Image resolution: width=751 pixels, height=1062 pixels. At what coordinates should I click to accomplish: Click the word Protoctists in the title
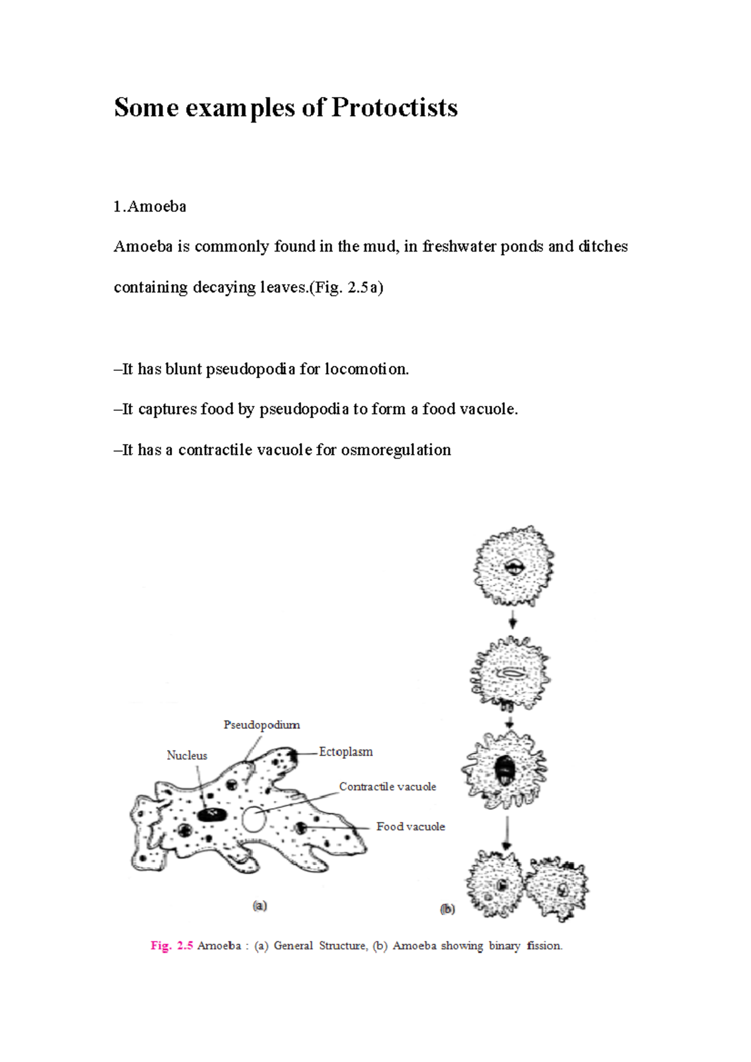pyautogui.click(x=394, y=108)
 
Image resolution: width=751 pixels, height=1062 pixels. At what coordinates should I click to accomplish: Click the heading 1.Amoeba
pyautogui.click(x=150, y=206)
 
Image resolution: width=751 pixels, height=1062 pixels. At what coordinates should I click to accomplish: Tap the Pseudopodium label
pyautogui.click(x=262, y=725)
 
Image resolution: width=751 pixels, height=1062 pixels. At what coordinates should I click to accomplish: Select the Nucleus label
pyautogui.click(x=186, y=756)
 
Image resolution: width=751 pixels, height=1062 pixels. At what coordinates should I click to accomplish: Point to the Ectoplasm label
pyautogui.click(x=345, y=752)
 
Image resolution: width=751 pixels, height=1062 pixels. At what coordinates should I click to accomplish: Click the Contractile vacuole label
pyautogui.click(x=387, y=787)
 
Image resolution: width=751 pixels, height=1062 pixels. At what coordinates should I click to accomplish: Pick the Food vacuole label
pyautogui.click(x=411, y=827)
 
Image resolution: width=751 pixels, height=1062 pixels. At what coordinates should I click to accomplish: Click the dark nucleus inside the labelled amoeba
pyautogui.click(x=212, y=814)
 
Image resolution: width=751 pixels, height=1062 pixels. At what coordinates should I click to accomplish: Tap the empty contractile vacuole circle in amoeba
pyautogui.click(x=253, y=819)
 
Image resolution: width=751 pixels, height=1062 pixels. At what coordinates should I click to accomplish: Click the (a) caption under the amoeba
pyautogui.click(x=260, y=906)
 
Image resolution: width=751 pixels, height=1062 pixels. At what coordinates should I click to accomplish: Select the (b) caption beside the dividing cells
pyautogui.click(x=447, y=909)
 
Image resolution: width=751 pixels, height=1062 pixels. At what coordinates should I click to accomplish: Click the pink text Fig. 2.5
pyautogui.click(x=171, y=946)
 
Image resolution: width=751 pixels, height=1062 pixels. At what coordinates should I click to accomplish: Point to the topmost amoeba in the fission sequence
pyautogui.click(x=514, y=567)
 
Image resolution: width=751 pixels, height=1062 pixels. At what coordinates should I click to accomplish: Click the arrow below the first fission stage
pyautogui.click(x=513, y=621)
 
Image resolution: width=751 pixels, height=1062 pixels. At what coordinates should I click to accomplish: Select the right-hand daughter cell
pyautogui.click(x=557, y=888)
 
